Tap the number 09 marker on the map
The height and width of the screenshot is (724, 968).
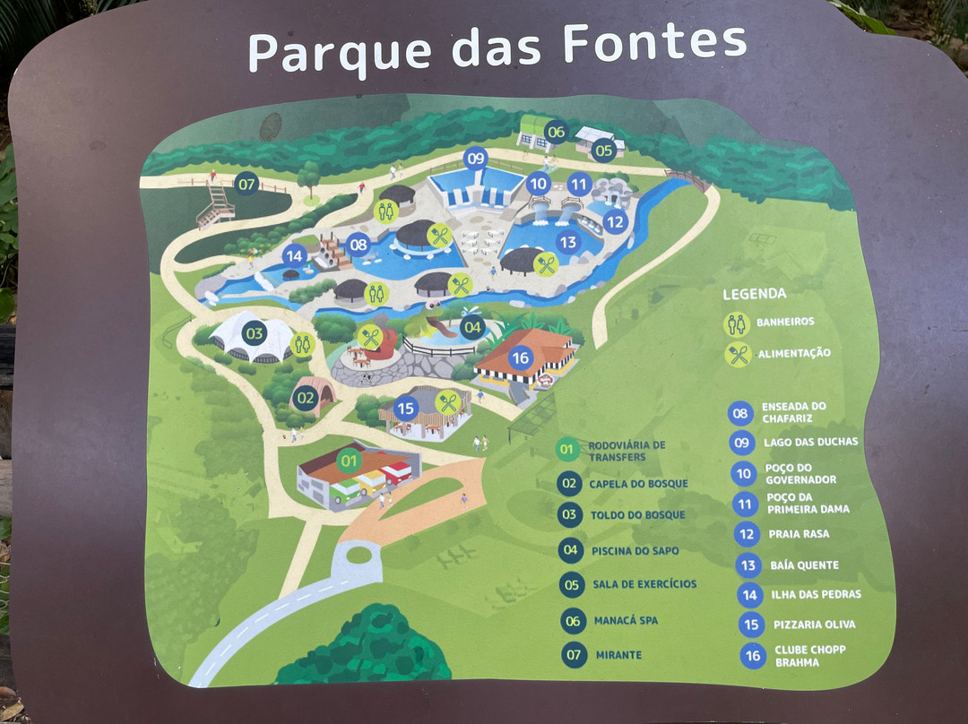475,159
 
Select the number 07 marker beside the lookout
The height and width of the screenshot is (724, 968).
246,185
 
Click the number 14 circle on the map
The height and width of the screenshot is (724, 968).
294,256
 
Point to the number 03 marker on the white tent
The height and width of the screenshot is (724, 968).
255,334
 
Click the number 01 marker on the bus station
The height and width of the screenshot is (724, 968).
348,461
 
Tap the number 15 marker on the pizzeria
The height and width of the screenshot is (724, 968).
405,409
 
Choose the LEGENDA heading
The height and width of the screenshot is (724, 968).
754,294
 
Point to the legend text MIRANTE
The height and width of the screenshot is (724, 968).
618,655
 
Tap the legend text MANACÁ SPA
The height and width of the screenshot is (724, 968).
625,620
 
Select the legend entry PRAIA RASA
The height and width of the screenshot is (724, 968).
799,534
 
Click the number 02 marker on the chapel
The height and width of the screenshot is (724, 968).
306,396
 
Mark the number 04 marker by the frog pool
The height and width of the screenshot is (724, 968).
472,328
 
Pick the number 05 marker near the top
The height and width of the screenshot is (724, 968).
603,151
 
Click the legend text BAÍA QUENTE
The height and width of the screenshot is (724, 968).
804,565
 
